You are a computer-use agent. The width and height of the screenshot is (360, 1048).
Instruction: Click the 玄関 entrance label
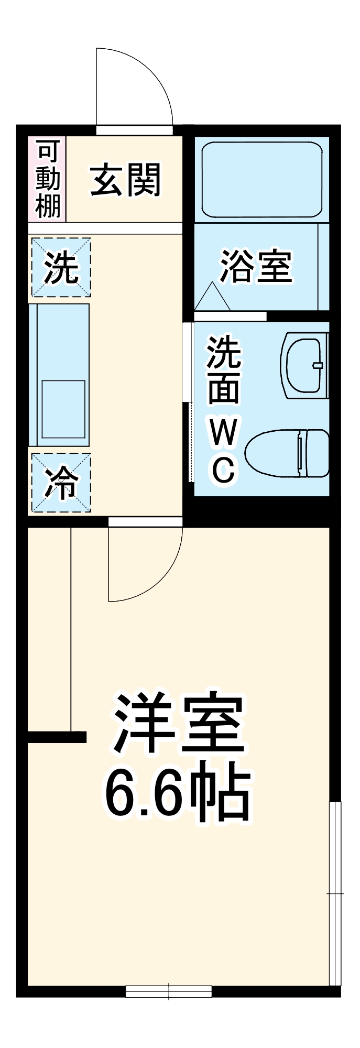[x=125, y=180]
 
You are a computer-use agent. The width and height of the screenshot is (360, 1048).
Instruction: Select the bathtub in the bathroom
[x=261, y=179]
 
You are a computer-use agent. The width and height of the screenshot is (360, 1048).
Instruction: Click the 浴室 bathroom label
[x=255, y=266]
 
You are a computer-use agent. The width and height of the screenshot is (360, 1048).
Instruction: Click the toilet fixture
[x=287, y=453]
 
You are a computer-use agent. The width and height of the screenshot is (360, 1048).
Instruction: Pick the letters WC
[x=224, y=451]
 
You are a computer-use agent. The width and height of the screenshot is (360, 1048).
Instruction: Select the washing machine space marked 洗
[x=61, y=267]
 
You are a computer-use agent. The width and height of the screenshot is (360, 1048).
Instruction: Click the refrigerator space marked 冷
[x=61, y=483]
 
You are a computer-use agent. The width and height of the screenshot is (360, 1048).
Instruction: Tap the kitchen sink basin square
[x=63, y=409]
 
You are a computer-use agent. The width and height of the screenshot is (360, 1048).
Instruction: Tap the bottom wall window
[x=169, y=991]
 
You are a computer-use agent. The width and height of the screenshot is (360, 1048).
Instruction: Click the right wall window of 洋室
[x=335, y=893]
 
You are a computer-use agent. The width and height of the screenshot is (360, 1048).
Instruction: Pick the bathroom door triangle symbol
[x=212, y=298]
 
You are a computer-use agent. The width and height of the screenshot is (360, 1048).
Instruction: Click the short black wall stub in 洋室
[x=57, y=737]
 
